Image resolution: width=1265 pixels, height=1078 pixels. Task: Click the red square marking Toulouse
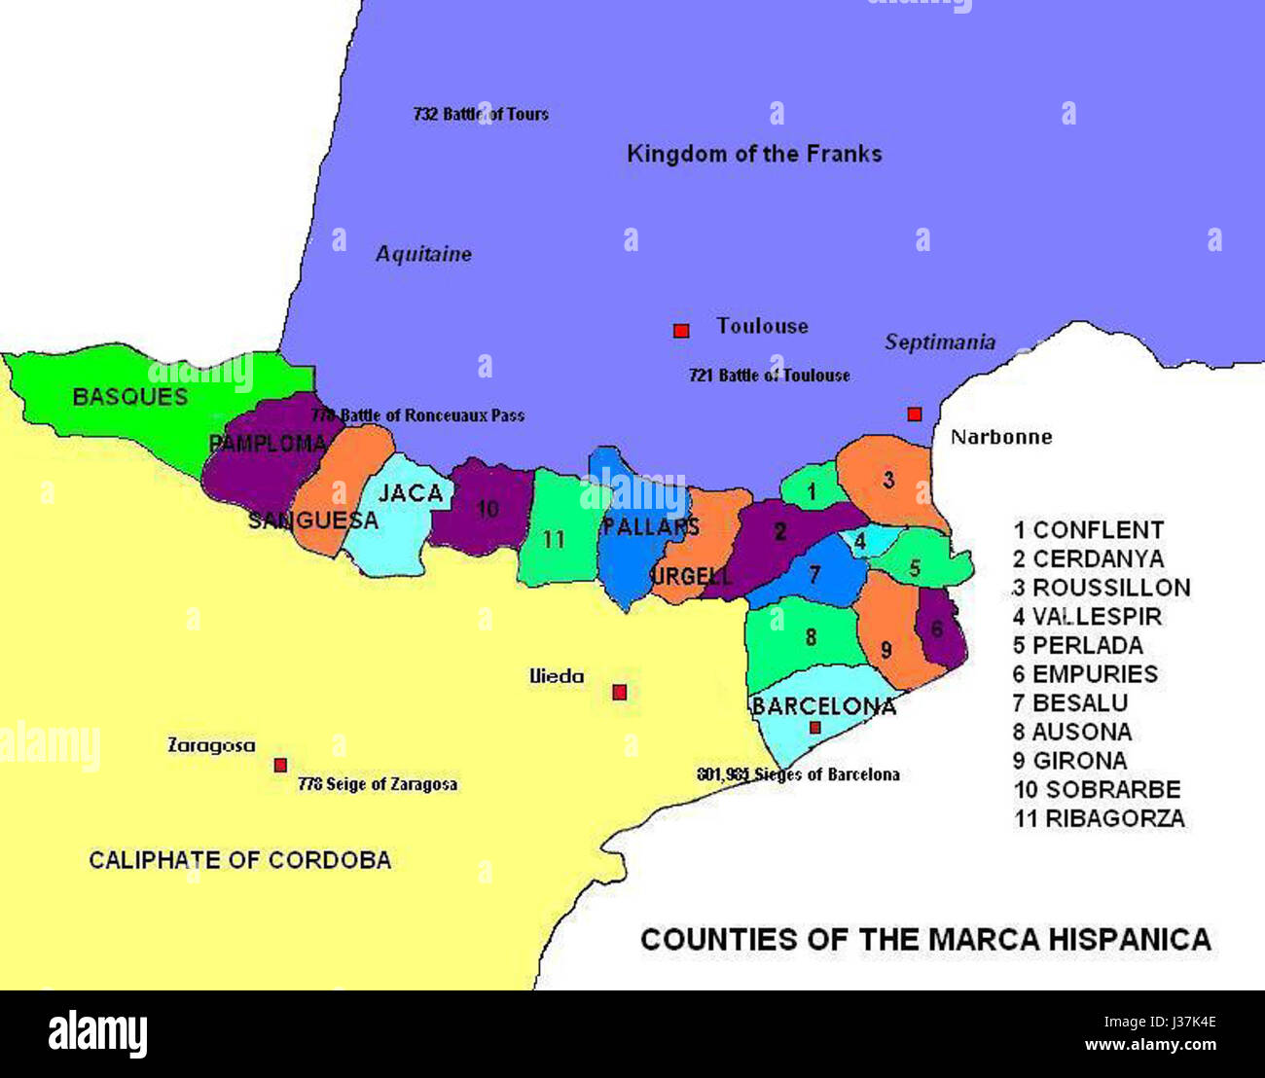pyautogui.click(x=681, y=331)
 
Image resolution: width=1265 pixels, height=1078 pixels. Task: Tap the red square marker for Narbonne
pyautogui.click(x=915, y=414)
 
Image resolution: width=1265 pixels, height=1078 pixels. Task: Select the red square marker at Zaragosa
pyautogui.click(x=280, y=765)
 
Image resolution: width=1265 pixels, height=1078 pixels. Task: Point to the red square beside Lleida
pyautogui.click(x=619, y=693)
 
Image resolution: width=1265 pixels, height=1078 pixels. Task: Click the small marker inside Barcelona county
pyautogui.click(x=815, y=728)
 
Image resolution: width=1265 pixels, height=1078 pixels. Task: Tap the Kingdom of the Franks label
pyautogui.click(x=754, y=154)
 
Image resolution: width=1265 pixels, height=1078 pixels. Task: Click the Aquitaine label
pyautogui.click(x=423, y=254)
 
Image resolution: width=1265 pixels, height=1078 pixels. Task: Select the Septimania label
pyautogui.click(x=940, y=341)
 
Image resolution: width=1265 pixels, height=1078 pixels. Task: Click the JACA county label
pyautogui.click(x=411, y=493)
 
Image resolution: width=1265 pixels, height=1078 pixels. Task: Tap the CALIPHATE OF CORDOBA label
pyautogui.click(x=240, y=860)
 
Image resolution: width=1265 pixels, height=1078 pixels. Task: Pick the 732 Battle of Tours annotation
pyautogui.click(x=481, y=114)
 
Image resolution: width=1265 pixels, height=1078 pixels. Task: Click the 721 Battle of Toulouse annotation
pyautogui.click(x=769, y=376)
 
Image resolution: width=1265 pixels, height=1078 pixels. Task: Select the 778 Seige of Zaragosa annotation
pyautogui.click(x=378, y=784)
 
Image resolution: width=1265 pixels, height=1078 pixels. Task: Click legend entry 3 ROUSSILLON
pyautogui.click(x=1102, y=588)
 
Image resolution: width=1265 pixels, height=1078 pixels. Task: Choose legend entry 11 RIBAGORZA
pyautogui.click(x=1100, y=818)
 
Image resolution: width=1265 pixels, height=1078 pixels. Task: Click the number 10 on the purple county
pyautogui.click(x=488, y=508)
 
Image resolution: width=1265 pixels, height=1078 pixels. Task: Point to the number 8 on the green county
pyautogui.click(x=811, y=638)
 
